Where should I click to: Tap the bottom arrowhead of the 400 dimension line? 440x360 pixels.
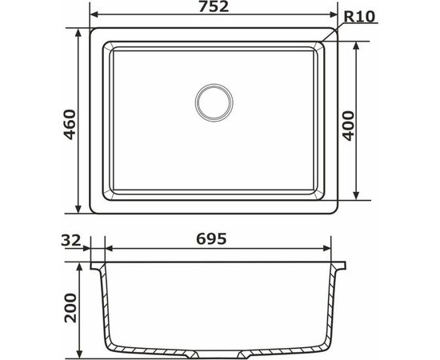[x=354, y=198]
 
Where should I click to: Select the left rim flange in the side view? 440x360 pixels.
[x=97, y=264]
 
